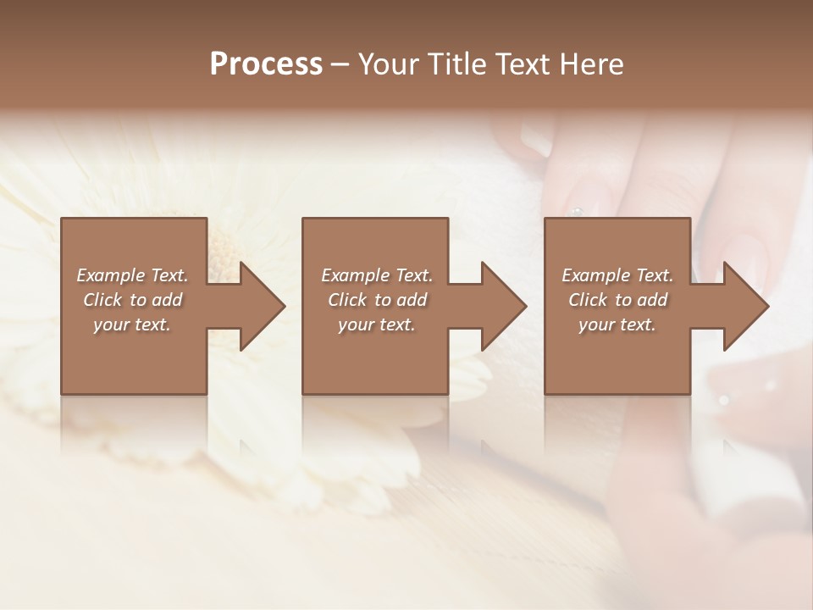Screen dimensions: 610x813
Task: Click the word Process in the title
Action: (x=266, y=64)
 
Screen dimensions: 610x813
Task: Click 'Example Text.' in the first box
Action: (x=132, y=275)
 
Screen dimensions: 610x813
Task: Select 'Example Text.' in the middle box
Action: (x=376, y=275)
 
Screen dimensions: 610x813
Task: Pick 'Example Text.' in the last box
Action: (x=617, y=275)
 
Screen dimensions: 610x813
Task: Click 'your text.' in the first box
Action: (x=132, y=324)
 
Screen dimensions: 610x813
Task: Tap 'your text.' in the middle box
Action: (x=376, y=324)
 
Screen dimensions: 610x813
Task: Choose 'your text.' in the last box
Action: (x=617, y=324)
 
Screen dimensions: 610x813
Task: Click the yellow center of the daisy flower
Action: (x=222, y=250)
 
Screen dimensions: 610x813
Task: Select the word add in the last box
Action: (x=653, y=300)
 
